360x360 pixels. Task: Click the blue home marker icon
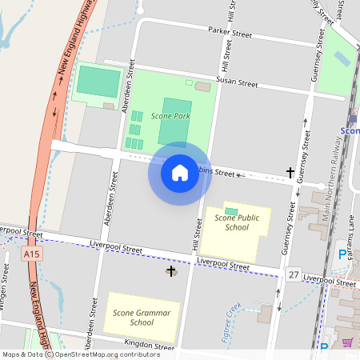pos(180,172)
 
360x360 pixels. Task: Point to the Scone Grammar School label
pos(142,317)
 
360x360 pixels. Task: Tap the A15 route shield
pos(31,254)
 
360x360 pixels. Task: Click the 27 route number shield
pos(294,274)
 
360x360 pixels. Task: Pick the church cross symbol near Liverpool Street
pos(170,272)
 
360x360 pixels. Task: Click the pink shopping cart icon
pos(347,343)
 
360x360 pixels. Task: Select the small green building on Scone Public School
pos(231,210)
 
